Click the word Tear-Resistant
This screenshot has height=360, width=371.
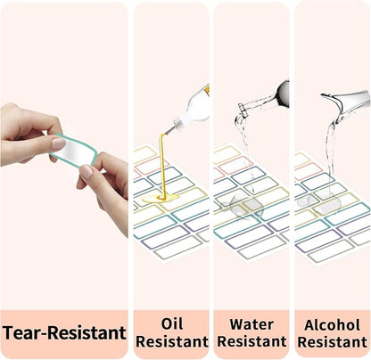pos(64,332)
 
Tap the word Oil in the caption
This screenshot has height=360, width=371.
pos(172,323)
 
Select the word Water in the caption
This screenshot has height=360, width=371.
pos(251,324)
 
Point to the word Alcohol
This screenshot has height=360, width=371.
pos(332,325)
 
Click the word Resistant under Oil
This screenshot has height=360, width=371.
pos(172,341)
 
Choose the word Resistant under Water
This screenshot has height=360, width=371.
pos(251,341)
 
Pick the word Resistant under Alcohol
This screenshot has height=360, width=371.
pos(332,342)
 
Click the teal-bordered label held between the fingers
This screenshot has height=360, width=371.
pos(74,150)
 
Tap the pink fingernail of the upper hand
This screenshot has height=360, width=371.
pos(59,143)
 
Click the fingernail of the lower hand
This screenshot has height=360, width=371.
pos(87,171)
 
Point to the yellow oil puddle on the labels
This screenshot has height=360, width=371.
pos(161,198)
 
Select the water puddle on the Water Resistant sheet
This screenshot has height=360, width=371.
pos(242,207)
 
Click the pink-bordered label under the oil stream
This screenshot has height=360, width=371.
pos(153,166)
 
